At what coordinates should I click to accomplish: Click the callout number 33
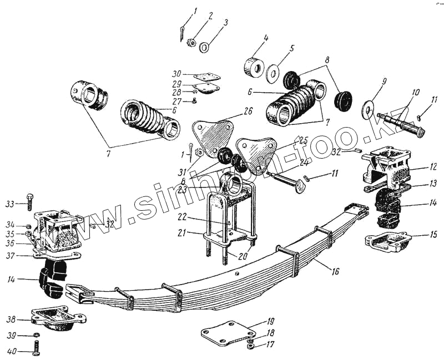[x=9, y=204]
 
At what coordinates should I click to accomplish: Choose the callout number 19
[x=271, y=321]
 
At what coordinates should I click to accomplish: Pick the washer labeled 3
[x=204, y=48]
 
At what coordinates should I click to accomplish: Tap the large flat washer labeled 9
[x=369, y=109]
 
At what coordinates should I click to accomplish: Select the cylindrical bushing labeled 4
[x=255, y=68]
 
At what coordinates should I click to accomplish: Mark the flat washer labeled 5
[x=273, y=73]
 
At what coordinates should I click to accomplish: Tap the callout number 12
[x=433, y=166]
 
